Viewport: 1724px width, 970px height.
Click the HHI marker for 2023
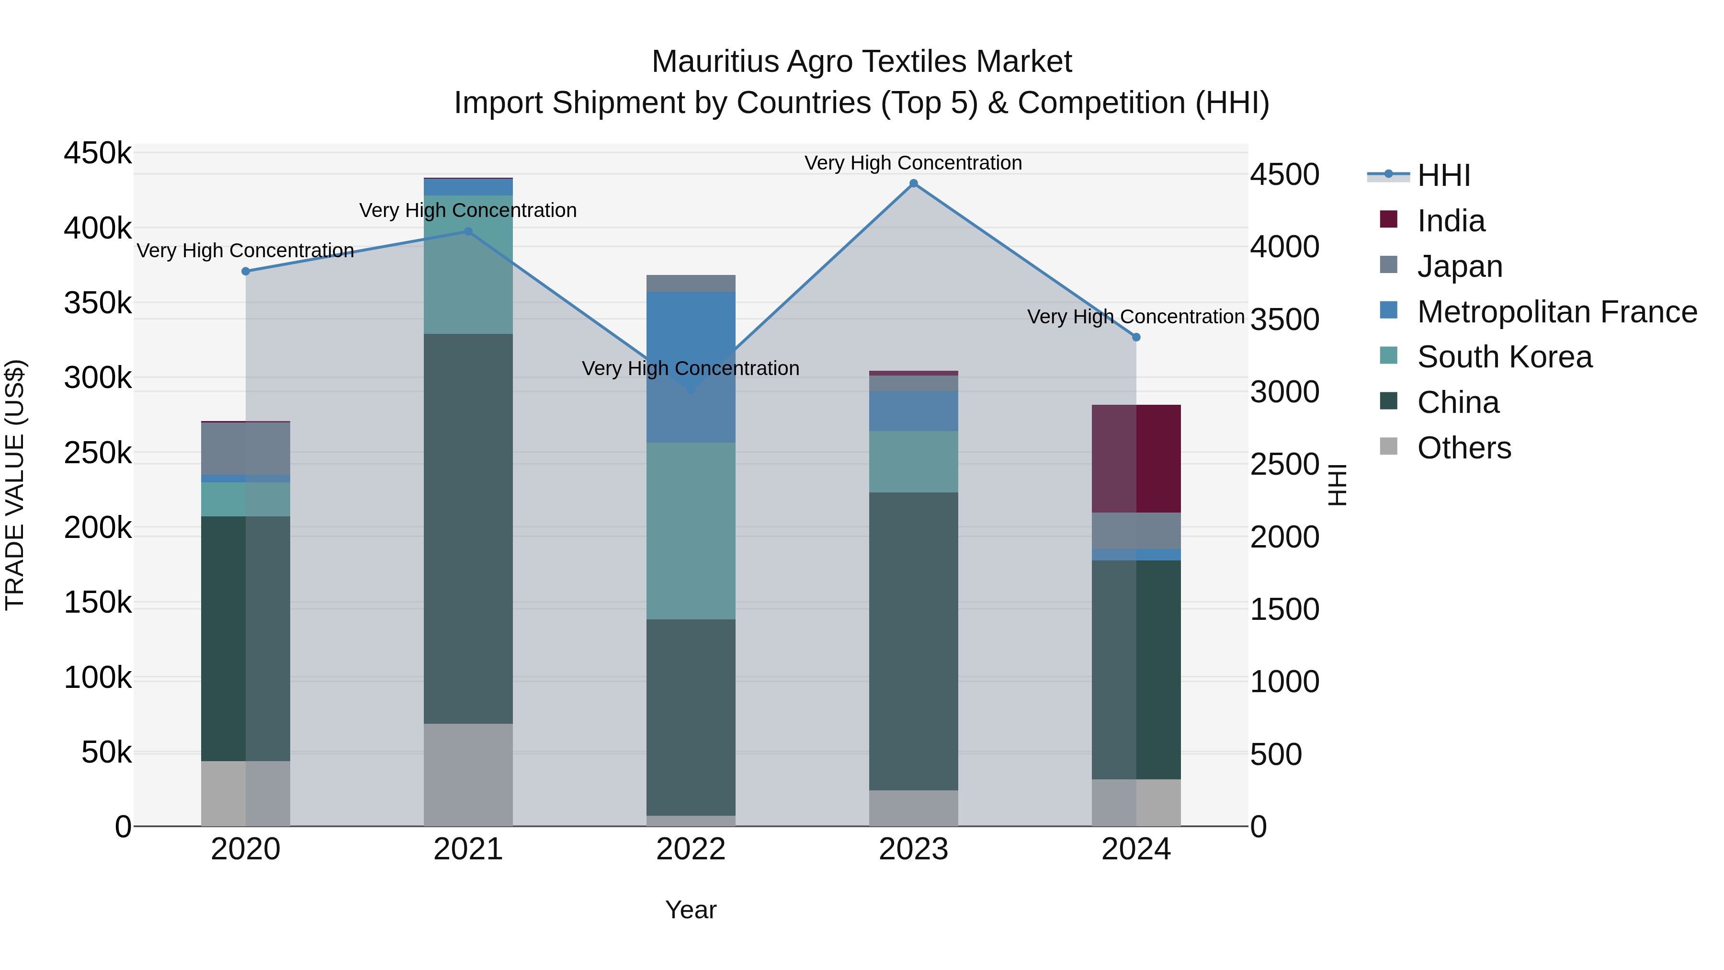coord(914,183)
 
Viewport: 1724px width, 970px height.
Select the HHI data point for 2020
coord(246,271)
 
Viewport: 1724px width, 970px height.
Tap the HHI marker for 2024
coord(1136,337)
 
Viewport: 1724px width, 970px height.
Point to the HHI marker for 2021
coord(468,232)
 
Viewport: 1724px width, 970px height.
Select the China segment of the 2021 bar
coord(468,529)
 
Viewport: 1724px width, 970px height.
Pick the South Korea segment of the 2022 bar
coord(691,530)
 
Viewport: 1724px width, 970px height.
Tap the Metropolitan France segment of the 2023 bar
coord(914,411)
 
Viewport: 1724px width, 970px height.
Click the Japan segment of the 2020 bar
coord(246,448)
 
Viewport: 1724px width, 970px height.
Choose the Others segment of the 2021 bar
coord(468,775)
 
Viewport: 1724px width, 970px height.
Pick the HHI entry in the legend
coord(1443,175)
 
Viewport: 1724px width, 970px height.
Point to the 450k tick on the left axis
coord(98,153)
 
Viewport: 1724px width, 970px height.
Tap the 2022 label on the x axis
coord(691,849)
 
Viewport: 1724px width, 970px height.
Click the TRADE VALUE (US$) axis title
coord(15,485)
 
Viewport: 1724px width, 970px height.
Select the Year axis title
coord(691,910)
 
